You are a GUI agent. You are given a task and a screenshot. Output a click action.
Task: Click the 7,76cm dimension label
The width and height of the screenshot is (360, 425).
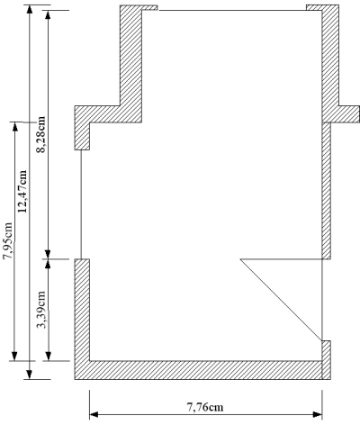click(205, 407)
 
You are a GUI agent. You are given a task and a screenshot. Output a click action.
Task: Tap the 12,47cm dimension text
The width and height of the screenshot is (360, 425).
click(22, 191)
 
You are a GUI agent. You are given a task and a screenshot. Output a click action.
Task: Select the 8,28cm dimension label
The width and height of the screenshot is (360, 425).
click(40, 134)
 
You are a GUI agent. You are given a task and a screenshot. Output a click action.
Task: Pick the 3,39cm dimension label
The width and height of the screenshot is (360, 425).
click(40, 310)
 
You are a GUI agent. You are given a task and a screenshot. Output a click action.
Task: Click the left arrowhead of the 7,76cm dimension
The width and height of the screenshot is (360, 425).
click(94, 415)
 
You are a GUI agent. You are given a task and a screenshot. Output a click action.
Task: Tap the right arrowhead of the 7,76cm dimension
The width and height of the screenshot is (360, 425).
click(318, 415)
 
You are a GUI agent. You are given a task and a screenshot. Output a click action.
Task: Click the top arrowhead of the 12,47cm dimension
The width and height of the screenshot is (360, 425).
click(29, 9)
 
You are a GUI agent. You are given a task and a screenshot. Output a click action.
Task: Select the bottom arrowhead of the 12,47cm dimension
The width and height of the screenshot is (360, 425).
click(29, 375)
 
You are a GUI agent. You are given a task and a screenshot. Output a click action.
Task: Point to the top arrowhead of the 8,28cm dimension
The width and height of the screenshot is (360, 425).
click(48, 14)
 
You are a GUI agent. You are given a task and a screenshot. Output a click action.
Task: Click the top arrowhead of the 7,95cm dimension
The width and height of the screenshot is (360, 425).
click(14, 127)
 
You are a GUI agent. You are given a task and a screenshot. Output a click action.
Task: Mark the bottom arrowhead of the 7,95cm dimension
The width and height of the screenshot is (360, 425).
click(14, 356)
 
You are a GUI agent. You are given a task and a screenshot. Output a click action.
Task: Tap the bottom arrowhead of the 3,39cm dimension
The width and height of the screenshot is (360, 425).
click(48, 356)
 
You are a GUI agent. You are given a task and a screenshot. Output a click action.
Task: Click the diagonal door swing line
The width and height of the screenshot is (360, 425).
click(281, 300)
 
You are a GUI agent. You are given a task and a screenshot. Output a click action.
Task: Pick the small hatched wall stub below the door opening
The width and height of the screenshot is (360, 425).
click(327, 360)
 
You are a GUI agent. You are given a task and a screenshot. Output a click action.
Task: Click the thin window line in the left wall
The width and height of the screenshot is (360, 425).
click(81, 204)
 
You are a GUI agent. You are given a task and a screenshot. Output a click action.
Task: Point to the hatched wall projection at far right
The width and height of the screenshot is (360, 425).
click(345, 114)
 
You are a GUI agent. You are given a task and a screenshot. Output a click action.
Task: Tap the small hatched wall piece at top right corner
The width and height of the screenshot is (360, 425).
click(314, 7)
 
